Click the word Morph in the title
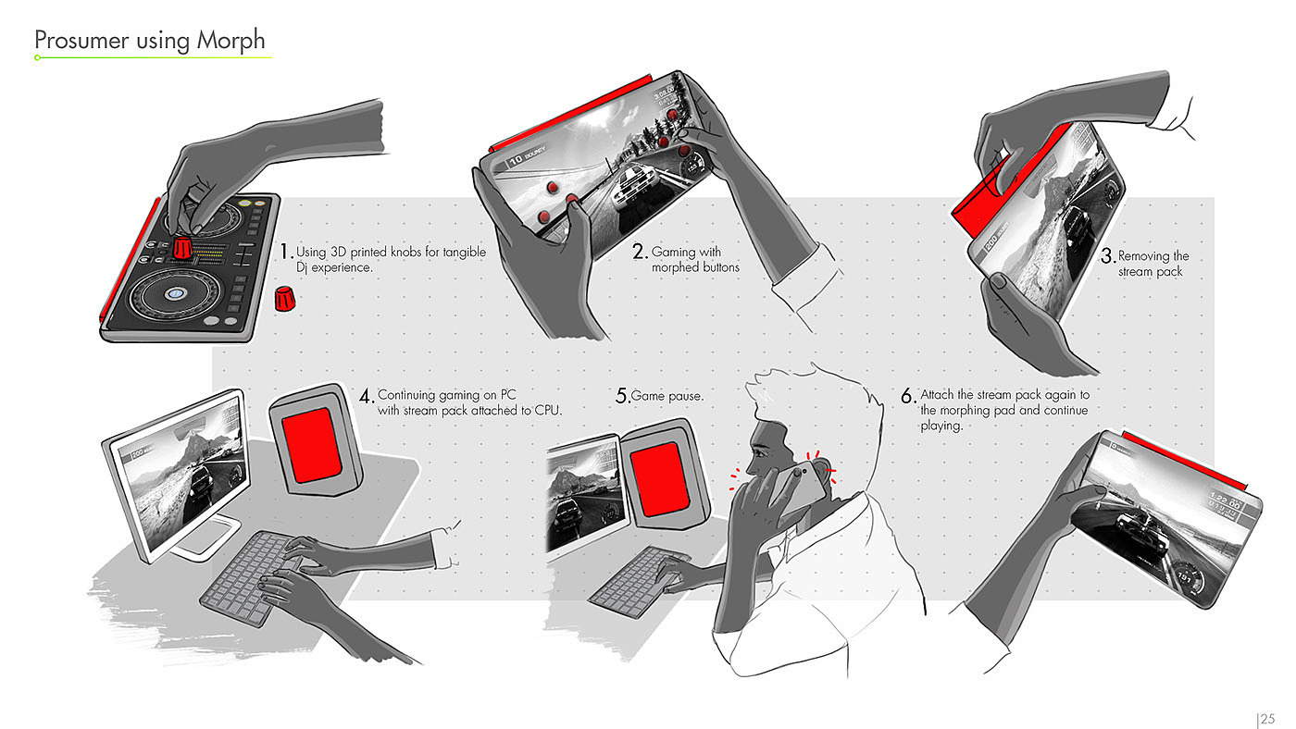(x=231, y=41)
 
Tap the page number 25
(x=1267, y=719)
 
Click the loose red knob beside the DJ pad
(x=284, y=298)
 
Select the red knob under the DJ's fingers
(x=183, y=247)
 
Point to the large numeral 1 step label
(x=285, y=252)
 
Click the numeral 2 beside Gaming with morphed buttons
(x=640, y=252)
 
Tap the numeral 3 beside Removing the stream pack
(x=1108, y=255)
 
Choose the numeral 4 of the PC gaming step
(x=366, y=396)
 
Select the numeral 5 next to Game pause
(x=622, y=396)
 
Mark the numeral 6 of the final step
(x=908, y=396)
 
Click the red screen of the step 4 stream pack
(x=313, y=444)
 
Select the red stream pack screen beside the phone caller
(x=659, y=478)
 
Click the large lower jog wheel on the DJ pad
(x=176, y=294)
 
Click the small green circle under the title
(x=38, y=57)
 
